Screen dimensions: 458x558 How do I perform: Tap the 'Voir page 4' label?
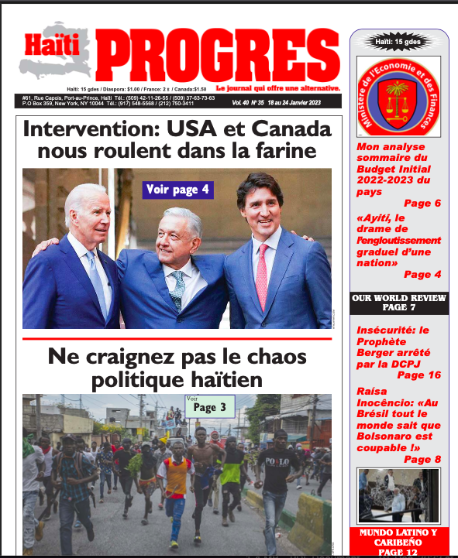(x=177, y=190)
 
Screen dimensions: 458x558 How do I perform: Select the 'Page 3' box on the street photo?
(x=210, y=408)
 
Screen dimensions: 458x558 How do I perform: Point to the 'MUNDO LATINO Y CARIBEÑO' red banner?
(x=398, y=539)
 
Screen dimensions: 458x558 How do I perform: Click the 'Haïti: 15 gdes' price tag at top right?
(x=398, y=42)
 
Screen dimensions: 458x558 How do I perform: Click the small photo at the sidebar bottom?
(x=398, y=496)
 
